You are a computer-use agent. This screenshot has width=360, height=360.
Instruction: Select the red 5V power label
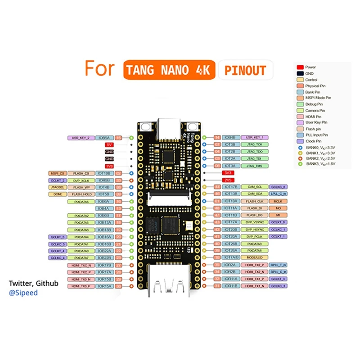(109, 145)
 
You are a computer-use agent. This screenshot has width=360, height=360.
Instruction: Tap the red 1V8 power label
(109, 166)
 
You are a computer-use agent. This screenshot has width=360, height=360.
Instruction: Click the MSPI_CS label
(57, 173)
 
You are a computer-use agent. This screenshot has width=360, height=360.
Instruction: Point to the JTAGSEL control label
(57, 187)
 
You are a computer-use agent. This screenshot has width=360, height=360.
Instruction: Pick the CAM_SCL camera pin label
(254, 187)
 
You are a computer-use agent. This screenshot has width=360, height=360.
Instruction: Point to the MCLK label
(278, 201)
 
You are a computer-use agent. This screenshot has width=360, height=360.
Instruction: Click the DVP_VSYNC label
(254, 222)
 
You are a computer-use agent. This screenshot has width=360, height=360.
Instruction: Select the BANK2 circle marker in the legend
(299, 159)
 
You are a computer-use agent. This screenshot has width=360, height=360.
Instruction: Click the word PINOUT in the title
(245, 70)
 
